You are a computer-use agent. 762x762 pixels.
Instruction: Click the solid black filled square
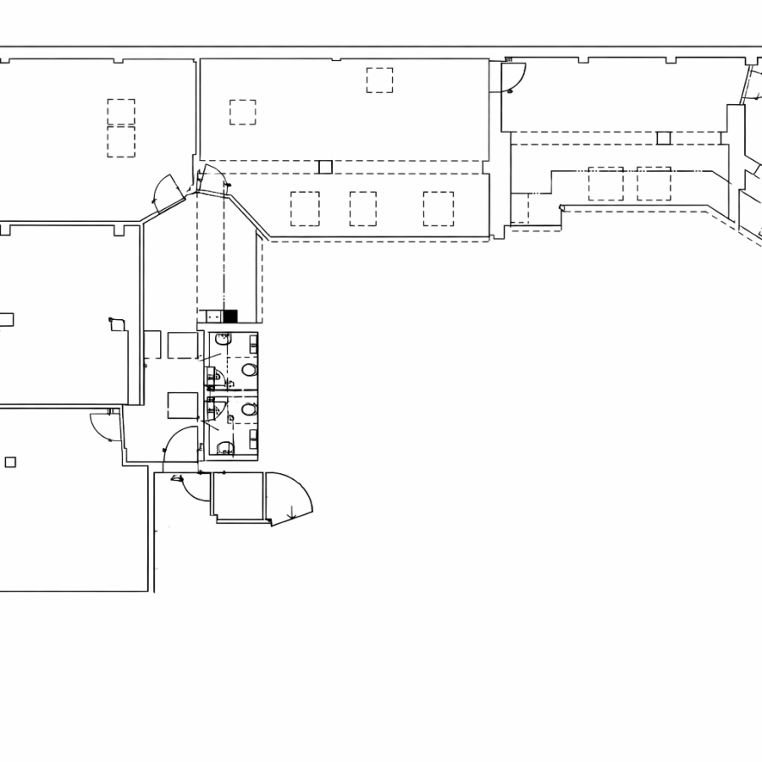point(230,317)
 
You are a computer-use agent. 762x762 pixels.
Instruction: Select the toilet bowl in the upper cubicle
point(249,370)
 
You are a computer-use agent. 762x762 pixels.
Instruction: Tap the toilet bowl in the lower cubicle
point(248,410)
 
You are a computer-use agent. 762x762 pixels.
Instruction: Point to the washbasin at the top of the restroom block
point(223,340)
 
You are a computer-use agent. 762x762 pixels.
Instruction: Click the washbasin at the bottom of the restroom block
point(224,448)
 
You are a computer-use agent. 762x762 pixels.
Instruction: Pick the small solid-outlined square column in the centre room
point(325,167)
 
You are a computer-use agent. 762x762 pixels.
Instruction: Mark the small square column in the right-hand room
point(664,138)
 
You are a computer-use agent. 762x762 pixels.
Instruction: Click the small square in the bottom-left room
point(10,461)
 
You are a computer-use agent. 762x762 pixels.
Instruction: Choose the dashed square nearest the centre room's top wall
point(379,80)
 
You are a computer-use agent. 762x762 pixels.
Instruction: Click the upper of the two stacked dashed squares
point(121,112)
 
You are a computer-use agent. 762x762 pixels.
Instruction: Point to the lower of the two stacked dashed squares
point(121,142)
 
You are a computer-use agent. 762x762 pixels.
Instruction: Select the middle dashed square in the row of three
point(363,208)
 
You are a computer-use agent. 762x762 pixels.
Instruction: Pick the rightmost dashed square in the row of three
point(439,208)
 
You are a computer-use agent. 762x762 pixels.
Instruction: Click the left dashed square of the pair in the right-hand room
point(605,183)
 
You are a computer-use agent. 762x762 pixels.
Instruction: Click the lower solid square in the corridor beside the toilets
point(183,405)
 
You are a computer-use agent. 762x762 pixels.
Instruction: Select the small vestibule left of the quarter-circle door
point(238,496)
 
